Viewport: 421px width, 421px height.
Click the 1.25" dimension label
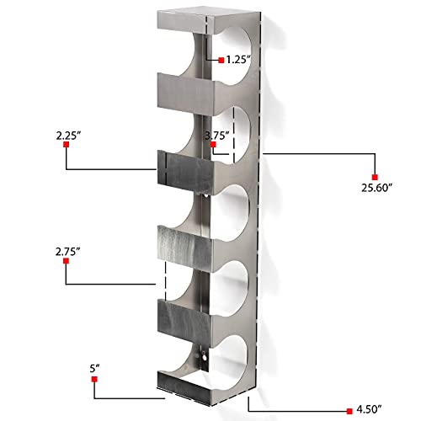click(x=239, y=60)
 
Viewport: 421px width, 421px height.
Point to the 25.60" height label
click(x=376, y=187)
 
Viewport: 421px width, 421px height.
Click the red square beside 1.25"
click(x=221, y=60)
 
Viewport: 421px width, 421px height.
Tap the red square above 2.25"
click(x=66, y=146)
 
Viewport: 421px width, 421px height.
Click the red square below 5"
click(x=94, y=381)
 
